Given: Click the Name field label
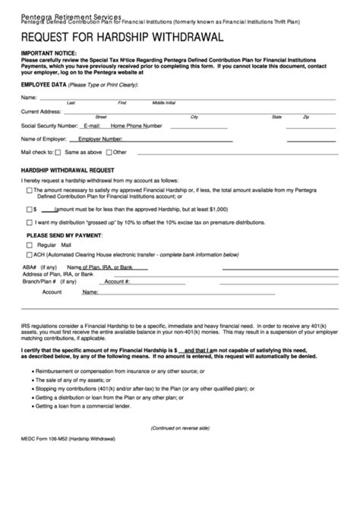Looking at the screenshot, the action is coord(29,98).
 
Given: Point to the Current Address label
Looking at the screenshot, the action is coord(41,112).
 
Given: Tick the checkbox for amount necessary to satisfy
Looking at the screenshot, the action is coord(30,192).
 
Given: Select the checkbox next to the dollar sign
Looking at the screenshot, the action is coord(30,207).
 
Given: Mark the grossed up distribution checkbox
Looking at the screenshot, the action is coord(30,222).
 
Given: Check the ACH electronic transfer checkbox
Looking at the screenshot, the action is coord(30,256).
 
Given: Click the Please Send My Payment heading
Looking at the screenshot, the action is coord(65,236).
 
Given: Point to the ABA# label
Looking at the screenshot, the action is coord(29,267).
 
